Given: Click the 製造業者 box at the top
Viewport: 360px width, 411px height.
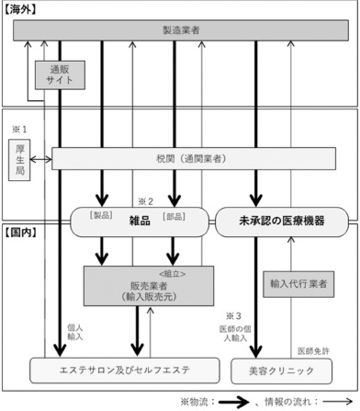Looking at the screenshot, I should (x=179, y=31).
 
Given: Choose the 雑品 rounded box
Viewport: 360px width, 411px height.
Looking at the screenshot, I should (x=140, y=221).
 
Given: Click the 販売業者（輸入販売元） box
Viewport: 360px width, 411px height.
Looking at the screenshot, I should (x=148, y=291).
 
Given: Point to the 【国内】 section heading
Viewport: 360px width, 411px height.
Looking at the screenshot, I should (x=21, y=236).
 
